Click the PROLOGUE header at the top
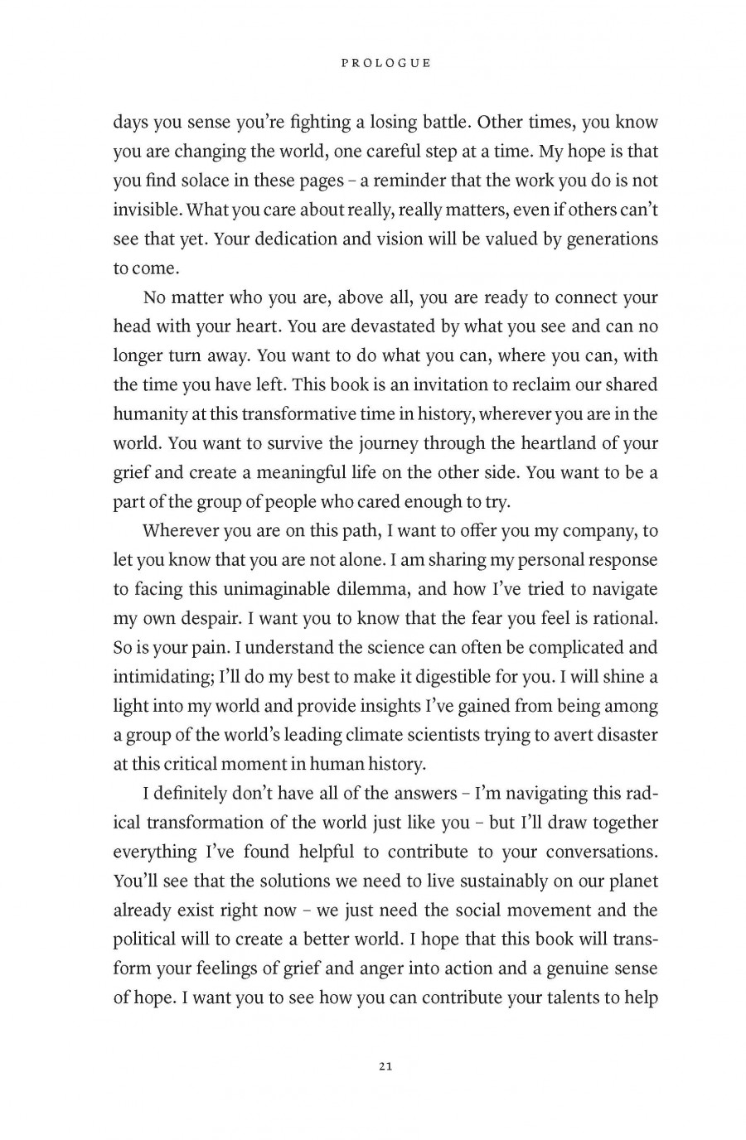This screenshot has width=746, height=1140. [x=385, y=63]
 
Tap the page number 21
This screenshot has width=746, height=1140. [x=385, y=1065]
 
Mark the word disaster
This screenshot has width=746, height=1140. [x=621, y=735]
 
